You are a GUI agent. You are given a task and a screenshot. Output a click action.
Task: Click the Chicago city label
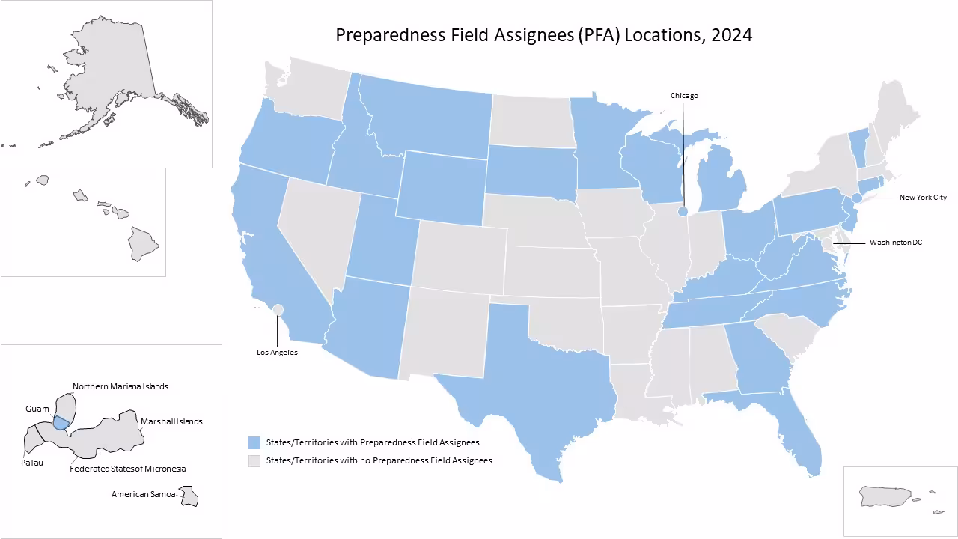tap(683, 96)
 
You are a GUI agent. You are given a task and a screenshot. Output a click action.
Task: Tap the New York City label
tap(923, 198)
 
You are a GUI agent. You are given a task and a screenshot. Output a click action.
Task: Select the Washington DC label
tap(896, 243)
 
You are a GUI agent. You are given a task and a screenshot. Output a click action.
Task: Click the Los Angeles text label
tap(277, 353)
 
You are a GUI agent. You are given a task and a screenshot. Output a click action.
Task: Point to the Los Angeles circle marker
tap(278, 309)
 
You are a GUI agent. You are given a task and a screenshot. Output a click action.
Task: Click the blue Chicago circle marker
tap(683, 212)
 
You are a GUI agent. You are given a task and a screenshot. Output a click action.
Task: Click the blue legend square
tap(254, 442)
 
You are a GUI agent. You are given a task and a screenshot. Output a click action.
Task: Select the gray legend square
tap(254, 460)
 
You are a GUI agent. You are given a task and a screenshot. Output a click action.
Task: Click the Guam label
tap(37, 409)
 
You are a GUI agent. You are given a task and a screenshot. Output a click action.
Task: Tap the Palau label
tap(31, 463)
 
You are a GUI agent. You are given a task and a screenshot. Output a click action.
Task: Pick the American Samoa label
tap(142, 494)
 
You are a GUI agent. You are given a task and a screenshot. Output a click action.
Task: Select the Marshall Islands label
tap(171, 421)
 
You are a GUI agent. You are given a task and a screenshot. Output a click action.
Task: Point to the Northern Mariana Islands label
tap(120, 386)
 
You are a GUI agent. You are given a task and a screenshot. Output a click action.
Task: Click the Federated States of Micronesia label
tap(127, 469)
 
